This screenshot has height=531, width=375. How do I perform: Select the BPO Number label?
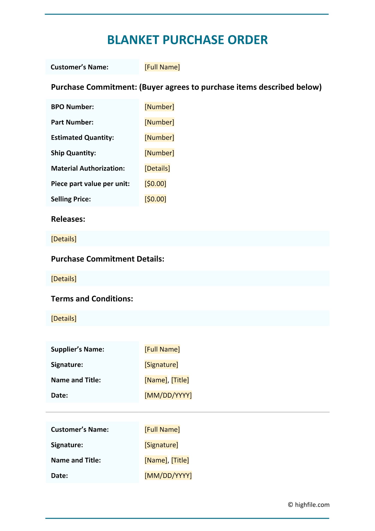[72, 107]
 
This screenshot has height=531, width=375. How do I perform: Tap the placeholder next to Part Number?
[159, 122]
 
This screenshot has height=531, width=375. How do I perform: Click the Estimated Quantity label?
[82, 138]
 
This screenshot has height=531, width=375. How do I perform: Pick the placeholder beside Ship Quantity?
[159, 153]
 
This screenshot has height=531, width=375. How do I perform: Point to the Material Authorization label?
[88, 168]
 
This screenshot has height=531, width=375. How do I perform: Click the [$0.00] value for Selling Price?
[155, 199]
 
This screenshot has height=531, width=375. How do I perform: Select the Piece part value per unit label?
[90, 184]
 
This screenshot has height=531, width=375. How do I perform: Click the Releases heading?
[68, 219]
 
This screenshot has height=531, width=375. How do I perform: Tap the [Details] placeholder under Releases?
[64, 239]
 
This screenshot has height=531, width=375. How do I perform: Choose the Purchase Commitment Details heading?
[107, 259]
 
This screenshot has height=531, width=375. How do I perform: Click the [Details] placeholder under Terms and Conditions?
[64, 318]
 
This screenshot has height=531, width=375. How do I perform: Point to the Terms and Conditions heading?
[92, 299]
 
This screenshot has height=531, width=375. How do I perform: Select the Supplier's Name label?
[77, 349]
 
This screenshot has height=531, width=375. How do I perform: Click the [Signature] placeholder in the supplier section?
[161, 365]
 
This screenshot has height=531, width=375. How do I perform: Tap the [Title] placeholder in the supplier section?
[180, 380]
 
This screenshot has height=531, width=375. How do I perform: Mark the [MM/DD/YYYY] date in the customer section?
[168, 475]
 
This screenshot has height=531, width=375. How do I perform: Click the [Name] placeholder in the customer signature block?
[155, 460]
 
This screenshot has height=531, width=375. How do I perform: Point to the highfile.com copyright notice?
[309, 504]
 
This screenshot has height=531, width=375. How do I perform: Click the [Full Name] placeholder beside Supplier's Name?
[162, 349]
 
